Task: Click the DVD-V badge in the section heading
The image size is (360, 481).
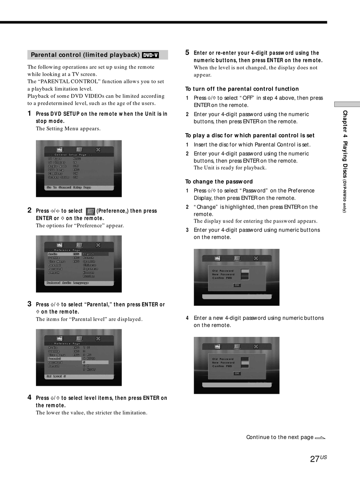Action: (150, 55)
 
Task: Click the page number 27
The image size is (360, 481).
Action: (315, 459)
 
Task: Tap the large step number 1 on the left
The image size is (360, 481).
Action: (30, 113)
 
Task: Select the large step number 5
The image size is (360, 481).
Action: (187, 53)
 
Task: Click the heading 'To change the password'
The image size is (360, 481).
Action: (219, 182)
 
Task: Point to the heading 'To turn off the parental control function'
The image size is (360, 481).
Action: (242, 89)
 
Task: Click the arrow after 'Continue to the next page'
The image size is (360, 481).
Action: (320, 438)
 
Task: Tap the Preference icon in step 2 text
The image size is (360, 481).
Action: (90, 211)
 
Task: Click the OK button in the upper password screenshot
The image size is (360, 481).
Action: (237, 285)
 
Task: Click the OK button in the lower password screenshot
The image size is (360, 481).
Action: (237, 374)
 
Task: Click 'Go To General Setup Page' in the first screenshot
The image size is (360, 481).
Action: (69, 187)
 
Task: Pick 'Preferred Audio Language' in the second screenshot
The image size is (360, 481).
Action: (67, 283)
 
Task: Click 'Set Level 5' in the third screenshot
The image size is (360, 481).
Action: (56, 376)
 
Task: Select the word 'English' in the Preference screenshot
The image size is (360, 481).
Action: (89, 254)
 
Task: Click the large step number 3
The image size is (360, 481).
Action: (30, 304)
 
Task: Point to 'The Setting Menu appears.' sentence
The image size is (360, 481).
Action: (68, 129)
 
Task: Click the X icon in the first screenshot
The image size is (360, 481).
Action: (98, 149)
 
